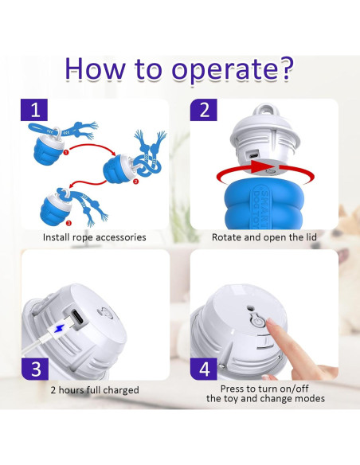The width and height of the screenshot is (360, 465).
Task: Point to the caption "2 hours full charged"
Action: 95,390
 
